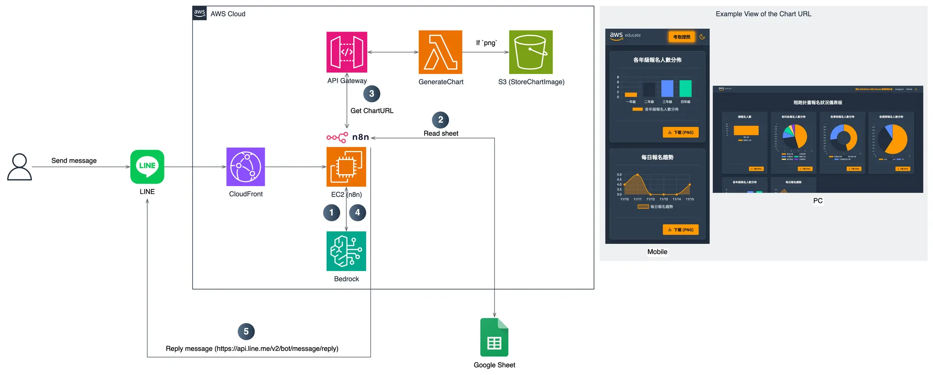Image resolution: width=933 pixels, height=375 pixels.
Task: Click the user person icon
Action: [x=20, y=167]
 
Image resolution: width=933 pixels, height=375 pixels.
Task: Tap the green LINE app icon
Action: [x=147, y=167]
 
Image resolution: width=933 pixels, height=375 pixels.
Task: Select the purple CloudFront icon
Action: [x=246, y=167]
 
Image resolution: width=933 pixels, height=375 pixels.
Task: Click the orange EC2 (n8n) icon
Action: [x=346, y=167]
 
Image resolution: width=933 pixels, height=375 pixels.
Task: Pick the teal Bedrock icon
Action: [x=346, y=251]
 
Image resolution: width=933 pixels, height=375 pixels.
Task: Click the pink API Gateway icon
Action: [x=347, y=52]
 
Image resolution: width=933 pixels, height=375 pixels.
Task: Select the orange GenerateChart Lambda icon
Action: [x=441, y=52]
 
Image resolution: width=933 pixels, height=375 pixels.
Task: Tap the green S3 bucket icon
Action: [x=531, y=52]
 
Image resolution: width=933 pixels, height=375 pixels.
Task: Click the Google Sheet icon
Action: [x=494, y=337]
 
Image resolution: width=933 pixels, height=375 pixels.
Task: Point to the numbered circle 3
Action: [x=372, y=94]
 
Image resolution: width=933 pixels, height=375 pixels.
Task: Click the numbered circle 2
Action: [x=441, y=120]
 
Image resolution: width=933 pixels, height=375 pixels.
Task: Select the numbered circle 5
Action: [x=246, y=332]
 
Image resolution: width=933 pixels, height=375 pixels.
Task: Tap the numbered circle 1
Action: [x=332, y=213]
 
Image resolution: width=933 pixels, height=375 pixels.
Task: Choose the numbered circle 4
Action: [x=358, y=213]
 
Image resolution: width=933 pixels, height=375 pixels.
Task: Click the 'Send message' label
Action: [x=74, y=161]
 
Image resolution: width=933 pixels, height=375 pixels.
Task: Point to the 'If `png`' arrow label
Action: [x=487, y=43]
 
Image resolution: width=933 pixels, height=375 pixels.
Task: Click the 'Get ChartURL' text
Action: [x=372, y=111]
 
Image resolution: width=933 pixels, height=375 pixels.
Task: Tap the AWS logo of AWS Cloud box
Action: [x=200, y=13]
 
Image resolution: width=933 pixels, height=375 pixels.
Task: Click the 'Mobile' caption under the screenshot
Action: [x=657, y=252]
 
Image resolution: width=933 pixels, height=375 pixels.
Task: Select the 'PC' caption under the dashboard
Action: [x=818, y=201]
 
